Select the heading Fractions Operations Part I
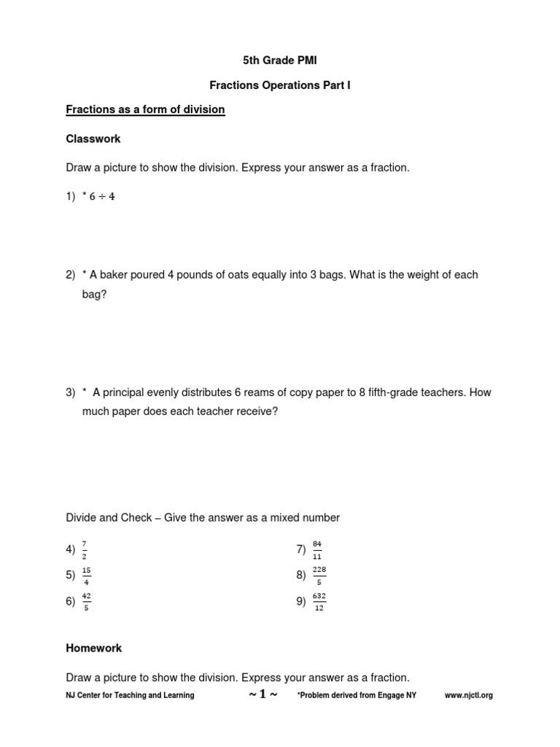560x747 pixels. [x=280, y=85]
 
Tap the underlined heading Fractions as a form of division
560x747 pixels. [x=145, y=109]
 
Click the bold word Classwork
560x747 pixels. [x=93, y=139]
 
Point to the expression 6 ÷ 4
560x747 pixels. [x=102, y=197]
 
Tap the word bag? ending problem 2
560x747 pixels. [x=94, y=295]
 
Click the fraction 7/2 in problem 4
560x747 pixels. [x=86, y=549]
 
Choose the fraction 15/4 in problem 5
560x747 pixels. [x=86, y=575]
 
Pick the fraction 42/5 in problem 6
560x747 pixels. [x=86, y=601]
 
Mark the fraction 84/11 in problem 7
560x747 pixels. [x=316, y=549]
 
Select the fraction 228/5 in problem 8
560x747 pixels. [x=319, y=575]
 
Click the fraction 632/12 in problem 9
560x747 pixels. [x=319, y=601]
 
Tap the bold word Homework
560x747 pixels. [x=94, y=648]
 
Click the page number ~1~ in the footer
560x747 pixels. [x=262, y=694]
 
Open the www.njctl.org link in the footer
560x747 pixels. [x=469, y=695]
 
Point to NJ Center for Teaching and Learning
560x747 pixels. [x=130, y=695]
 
